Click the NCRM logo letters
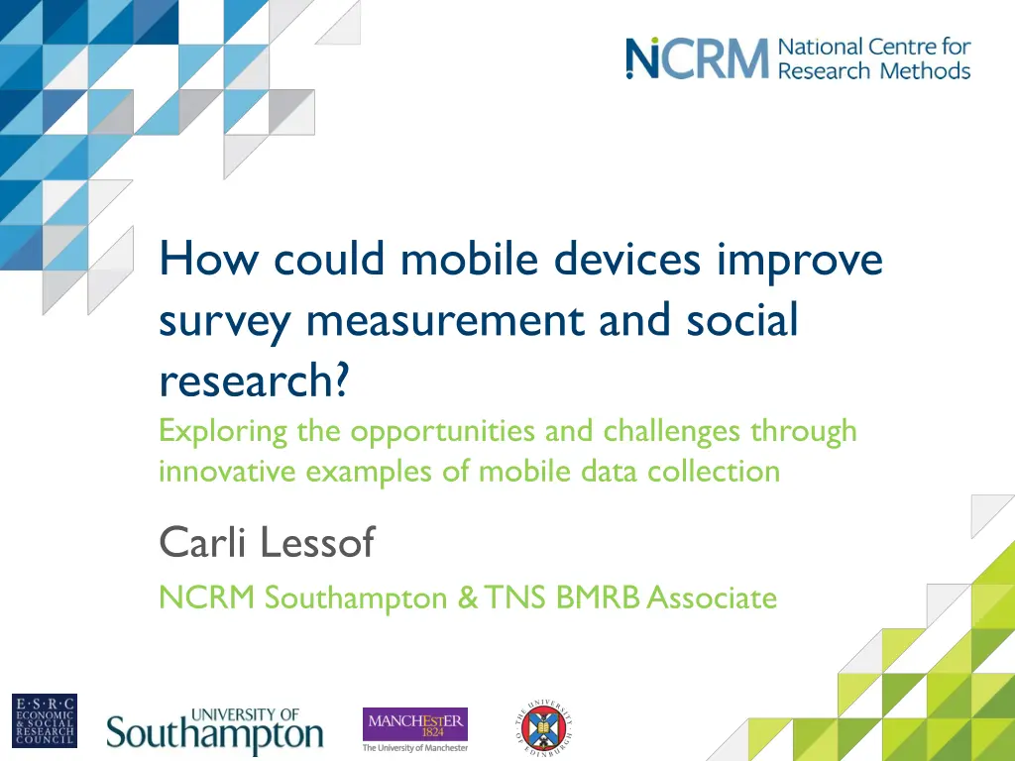pyautogui.click(x=697, y=59)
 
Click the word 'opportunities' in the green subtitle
pyautogui.click(x=426, y=432)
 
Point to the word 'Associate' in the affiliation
pyautogui.click(x=712, y=598)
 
